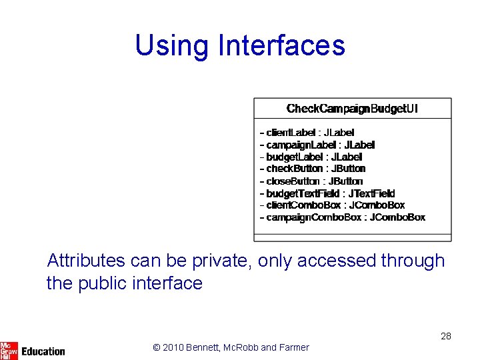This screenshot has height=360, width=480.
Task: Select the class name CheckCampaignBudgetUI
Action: click(352, 109)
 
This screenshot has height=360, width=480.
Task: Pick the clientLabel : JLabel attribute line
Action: click(307, 133)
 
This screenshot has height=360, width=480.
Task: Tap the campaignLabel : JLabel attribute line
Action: click(317, 145)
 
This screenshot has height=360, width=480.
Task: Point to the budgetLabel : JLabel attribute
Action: click(311, 157)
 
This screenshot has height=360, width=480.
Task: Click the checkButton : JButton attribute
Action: click(313, 169)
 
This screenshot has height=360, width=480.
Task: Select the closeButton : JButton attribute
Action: click(311, 181)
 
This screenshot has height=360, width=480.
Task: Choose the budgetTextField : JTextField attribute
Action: click(327, 193)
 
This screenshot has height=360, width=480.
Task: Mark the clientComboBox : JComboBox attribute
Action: click(332, 205)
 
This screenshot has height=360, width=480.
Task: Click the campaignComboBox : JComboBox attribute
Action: click(343, 217)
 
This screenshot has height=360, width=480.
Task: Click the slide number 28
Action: click(446, 336)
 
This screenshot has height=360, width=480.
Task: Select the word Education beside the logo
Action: click(43, 351)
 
